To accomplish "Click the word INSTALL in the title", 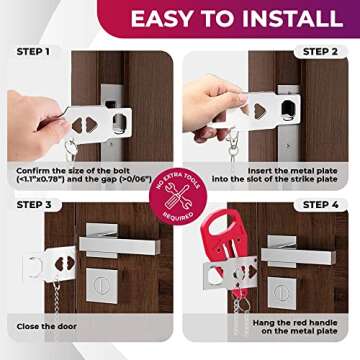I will (x=291, y=18).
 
